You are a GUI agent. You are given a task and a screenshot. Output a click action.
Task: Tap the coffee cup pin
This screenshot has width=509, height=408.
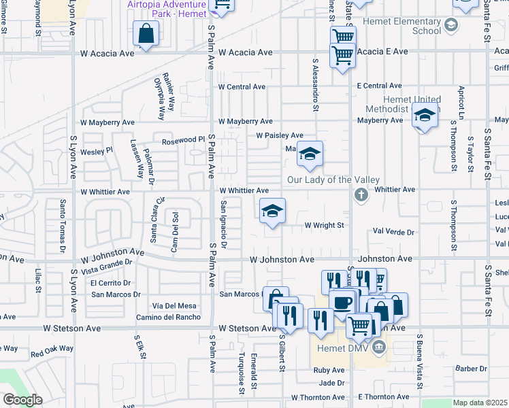pos(342,301)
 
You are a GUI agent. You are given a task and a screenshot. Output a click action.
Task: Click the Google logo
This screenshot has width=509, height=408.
pos(22,400)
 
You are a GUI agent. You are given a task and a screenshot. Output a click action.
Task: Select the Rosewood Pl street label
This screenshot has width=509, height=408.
pos(183,140)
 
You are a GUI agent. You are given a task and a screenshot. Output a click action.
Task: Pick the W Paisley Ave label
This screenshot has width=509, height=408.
pos(279,135)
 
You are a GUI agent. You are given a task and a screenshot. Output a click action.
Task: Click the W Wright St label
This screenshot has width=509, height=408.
pos(325,224)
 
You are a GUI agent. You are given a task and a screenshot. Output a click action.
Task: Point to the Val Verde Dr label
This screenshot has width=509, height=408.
pos(393,232)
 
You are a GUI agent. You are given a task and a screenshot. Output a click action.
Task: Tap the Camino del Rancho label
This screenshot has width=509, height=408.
pos(167,317)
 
